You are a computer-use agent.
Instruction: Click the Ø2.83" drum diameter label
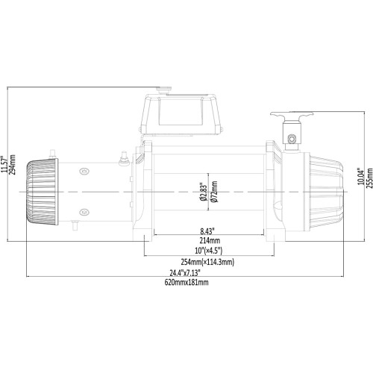(x=201, y=192)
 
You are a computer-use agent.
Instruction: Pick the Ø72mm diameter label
(x=214, y=192)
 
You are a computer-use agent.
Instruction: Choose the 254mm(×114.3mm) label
(x=207, y=262)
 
